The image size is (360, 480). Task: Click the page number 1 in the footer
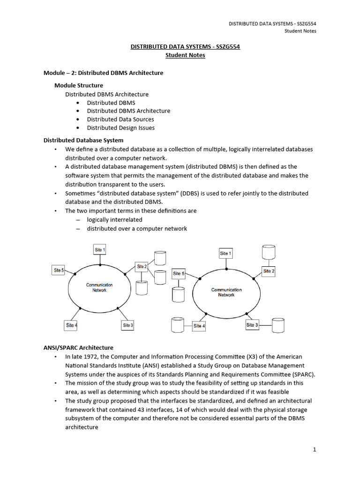[x=315, y=450]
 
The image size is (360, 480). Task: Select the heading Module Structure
[x=79, y=85]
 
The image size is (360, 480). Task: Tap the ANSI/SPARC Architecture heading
[x=78, y=348]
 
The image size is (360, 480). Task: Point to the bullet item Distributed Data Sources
[x=120, y=119]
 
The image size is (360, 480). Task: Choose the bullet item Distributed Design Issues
[x=120, y=127]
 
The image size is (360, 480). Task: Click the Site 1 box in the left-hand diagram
[x=100, y=250]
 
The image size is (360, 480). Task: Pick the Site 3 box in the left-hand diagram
[x=128, y=325]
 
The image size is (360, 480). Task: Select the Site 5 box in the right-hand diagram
[x=179, y=273]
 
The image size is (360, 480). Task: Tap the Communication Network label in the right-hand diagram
[x=226, y=292]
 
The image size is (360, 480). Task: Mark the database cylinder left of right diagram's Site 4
[x=177, y=324]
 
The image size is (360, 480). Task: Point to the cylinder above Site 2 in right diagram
[x=269, y=252]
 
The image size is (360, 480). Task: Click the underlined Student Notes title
[x=185, y=55]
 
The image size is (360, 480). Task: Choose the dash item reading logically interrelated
[x=114, y=220]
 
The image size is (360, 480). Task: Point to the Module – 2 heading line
[x=103, y=73]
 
